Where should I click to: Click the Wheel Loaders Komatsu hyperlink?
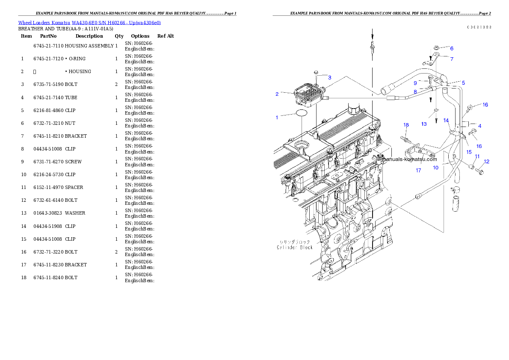[89, 23]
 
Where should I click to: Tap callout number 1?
[277, 117]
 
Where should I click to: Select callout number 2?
[277, 94]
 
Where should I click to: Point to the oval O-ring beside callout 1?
[301, 113]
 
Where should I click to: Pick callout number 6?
[451, 49]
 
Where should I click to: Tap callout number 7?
[451, 59]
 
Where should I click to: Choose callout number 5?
[463, 83]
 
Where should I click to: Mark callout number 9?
[415, 83]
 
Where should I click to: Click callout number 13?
[424, 124]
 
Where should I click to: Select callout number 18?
[406, 125]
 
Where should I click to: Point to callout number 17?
[418, 171]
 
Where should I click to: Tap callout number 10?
[435, 168]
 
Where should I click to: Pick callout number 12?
[487, 162]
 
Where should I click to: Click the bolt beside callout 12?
[479, 172]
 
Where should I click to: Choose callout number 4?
[479, 126]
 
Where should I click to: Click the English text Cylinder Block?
[295, 247]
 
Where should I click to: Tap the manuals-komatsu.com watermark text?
[410, 159]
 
